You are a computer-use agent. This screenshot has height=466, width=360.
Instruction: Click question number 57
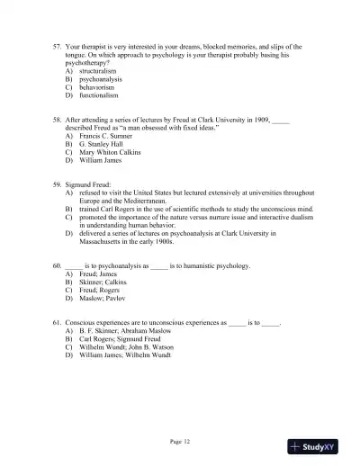(x=58, y=46)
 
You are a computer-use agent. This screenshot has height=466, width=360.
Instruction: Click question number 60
(x=58, y=266)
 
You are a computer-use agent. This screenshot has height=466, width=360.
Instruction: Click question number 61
(x=58, y=321)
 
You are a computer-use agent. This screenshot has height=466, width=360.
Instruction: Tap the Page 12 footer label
(x=180, y=441)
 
